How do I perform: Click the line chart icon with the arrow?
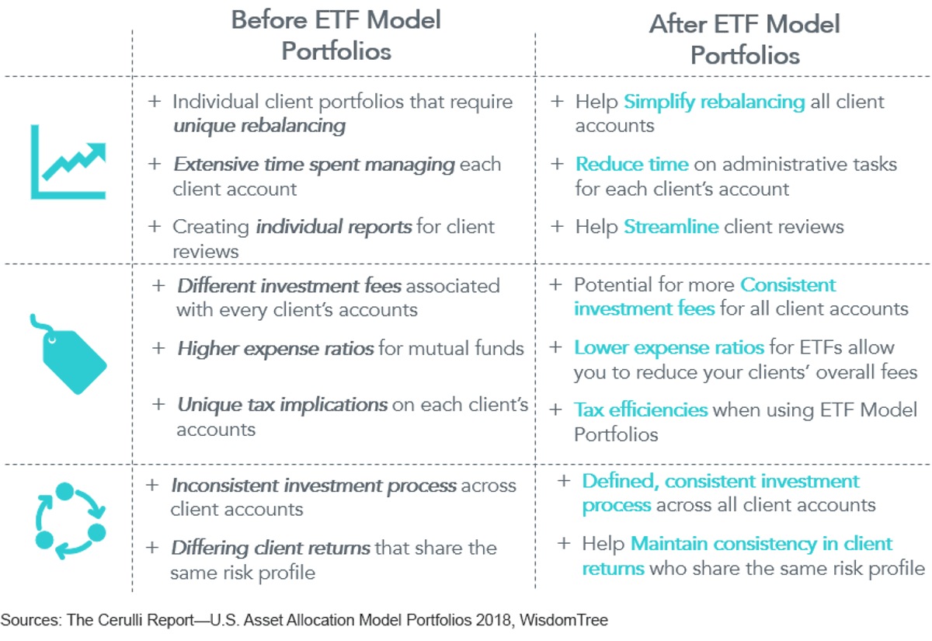click(x=68, y=162)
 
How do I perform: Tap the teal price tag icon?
click(x=68, y=354)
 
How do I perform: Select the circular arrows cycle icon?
click(x=71, y=521)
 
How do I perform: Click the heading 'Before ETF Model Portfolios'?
click(x=336, y=36)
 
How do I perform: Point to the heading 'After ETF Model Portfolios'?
click(x=745, y=40)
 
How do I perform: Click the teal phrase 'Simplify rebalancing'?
click(x=714, y=103)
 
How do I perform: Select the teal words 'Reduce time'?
click(x=632, y=165)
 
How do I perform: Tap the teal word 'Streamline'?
click(x=671, y=227)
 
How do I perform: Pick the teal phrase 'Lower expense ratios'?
click(x=669, y=348)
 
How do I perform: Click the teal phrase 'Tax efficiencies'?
click(x=641, y=410)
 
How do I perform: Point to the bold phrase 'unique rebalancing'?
click(x=259, y=126)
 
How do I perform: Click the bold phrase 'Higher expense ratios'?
click(x=276, y=349)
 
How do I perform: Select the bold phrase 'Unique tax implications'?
click(x=283, y=406)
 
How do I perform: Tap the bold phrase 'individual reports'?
click(x=334, y=227)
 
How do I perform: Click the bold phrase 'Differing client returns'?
click(x=270, y=549)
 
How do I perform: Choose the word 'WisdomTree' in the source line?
click(x=564, y=620)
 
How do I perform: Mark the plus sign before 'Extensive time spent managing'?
click(x=155, y=164)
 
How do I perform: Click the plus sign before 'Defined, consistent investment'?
click(x=564, y=481)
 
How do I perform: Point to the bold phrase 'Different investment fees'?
click(x=290, y=287)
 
